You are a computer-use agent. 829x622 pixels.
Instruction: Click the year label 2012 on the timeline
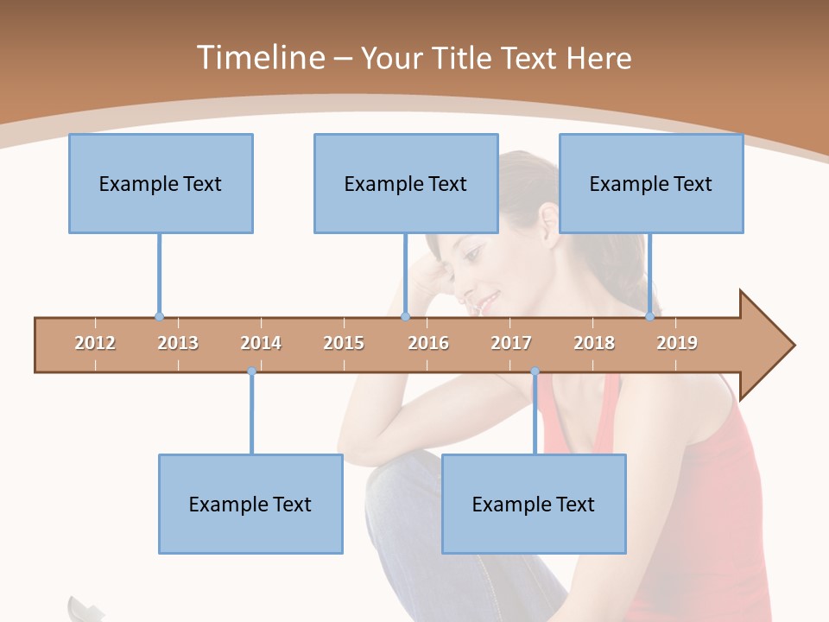click(95, 343)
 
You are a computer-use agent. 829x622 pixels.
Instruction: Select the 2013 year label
click(178, 343)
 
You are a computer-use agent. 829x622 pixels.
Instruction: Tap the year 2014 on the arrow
click(261, 343)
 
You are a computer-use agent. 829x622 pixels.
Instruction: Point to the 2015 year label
click(344, 343)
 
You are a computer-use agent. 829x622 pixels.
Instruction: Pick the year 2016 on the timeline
click(428, 343)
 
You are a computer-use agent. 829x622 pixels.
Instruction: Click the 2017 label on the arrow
click(511, 343)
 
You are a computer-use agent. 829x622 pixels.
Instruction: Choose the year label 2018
click(594, 343)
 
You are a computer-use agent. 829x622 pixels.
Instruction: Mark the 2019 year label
click(677, 343)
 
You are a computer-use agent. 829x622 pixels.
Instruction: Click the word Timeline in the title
click(259, 58)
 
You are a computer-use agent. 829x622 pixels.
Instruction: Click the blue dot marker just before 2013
click(159, 316)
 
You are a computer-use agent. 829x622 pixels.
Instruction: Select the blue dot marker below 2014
click(251, 371)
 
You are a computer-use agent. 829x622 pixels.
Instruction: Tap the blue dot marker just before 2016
click(405, 316)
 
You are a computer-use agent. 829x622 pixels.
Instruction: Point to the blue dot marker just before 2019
click(649, 316)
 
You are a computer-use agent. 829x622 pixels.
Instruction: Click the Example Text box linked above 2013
click(161, 183)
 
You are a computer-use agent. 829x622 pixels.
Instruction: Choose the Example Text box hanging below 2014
click(250, 504)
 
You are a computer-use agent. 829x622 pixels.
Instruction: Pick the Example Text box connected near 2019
click(651, 183)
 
